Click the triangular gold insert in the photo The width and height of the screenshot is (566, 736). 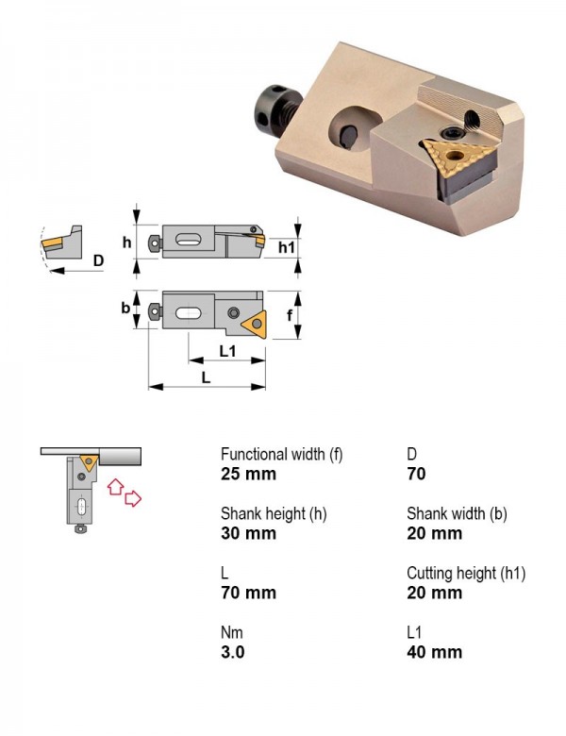click(458, 159)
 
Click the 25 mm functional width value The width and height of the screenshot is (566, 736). click(248, 474)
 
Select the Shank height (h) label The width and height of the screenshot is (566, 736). click(274, 513)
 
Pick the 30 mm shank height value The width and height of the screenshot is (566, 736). click(248, 534)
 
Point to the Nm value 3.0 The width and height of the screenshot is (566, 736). click(233, 652)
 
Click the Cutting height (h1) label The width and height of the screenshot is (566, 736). click(466, 573)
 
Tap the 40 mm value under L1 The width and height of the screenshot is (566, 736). click(435, 652)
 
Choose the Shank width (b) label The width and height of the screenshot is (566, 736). click(457, 513)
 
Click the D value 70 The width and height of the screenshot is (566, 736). click(416, 474)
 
